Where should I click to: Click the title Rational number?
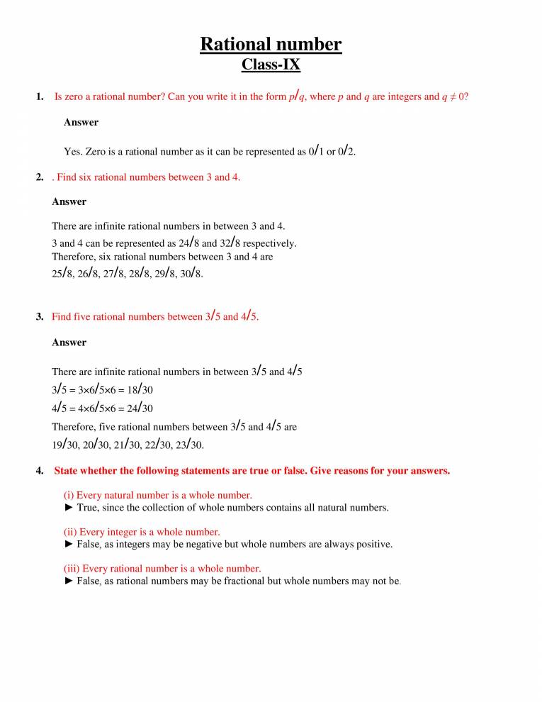tap(271, 44)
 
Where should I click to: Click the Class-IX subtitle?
tap(271, 65)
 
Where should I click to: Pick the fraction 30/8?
tap(191, 273)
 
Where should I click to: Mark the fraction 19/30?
tap(65, 445)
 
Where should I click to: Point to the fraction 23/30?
tap(190, 445)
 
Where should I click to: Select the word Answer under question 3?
tap(69, 342)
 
